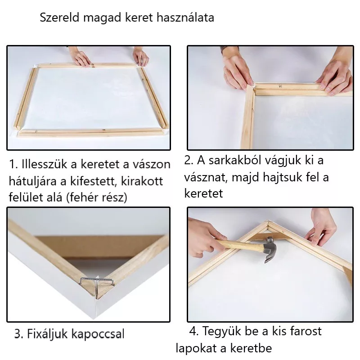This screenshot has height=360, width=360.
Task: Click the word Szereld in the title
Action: pyautogui.click(x=60, y=18)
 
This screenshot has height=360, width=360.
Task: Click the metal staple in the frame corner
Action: pyautogui.click(x=97, y=282)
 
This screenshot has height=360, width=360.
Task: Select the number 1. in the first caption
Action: pyautogui.click(x=13, y=164)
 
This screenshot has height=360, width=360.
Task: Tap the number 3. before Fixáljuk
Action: pyautogui.click(x=19, y=333)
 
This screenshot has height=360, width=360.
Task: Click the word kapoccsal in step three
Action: pyautogui.click(x=98, y=334)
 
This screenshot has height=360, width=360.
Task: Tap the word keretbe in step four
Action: pyautogui.click(x=251, y=348)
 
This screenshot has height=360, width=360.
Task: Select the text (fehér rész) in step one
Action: pyautogui.click(x=97, y=197)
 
